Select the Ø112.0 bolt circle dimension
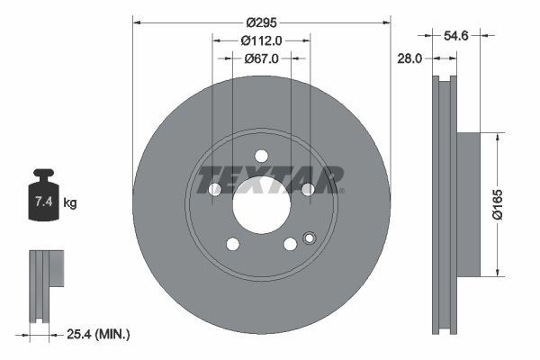(262, 40)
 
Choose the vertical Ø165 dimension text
(510, 204)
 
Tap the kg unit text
(70, 203)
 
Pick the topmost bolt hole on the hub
(261, 155)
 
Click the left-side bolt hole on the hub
(215, 189)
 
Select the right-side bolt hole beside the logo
(307, 189)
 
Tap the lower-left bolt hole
(232, 244)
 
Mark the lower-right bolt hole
(290, 244)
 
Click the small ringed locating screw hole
(310, 238)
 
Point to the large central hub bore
(261, 204)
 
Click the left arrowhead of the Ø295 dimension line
(137, 18)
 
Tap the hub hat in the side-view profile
(468, 204)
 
